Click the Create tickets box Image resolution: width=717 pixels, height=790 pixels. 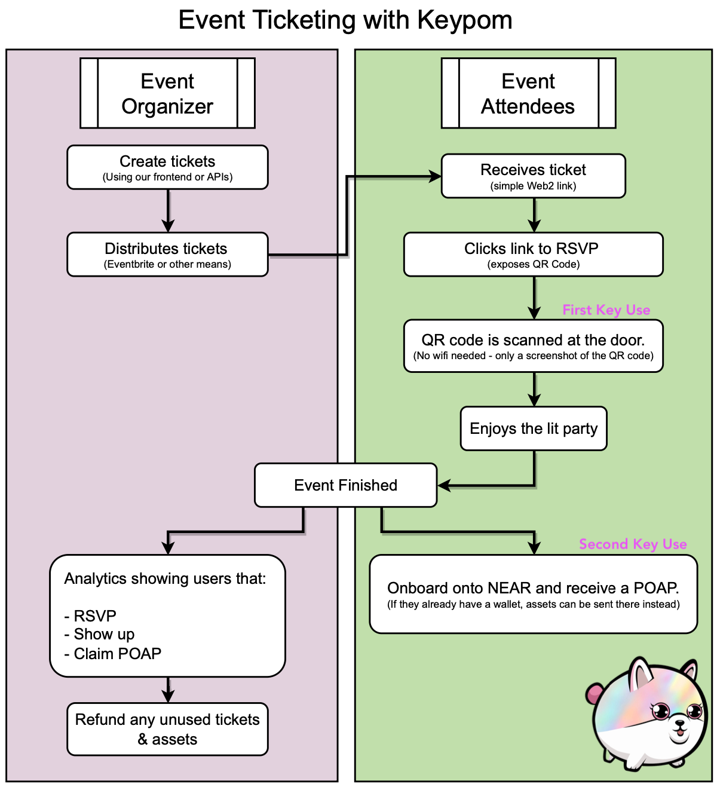167,167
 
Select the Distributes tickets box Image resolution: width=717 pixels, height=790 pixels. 167,255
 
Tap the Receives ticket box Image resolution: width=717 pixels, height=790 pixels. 533,176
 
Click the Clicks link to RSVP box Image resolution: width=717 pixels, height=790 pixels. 533,255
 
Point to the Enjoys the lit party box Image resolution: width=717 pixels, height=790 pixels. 533,428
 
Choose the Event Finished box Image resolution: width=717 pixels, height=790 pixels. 345,485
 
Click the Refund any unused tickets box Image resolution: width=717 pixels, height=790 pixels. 167,729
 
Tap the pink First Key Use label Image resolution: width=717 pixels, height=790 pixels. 606,310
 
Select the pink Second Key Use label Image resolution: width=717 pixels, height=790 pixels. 633,544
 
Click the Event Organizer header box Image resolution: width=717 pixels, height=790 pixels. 167,93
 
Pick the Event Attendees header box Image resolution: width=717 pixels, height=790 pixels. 528,93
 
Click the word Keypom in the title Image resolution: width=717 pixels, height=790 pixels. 464,20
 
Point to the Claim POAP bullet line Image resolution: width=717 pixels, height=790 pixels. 113,654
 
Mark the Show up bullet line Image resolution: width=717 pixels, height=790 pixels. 100,634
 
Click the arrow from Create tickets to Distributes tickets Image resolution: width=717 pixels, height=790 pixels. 168,210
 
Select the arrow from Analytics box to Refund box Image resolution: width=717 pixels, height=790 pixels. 168,690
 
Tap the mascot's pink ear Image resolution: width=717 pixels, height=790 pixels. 593,694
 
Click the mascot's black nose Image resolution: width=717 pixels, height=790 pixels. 679,724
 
